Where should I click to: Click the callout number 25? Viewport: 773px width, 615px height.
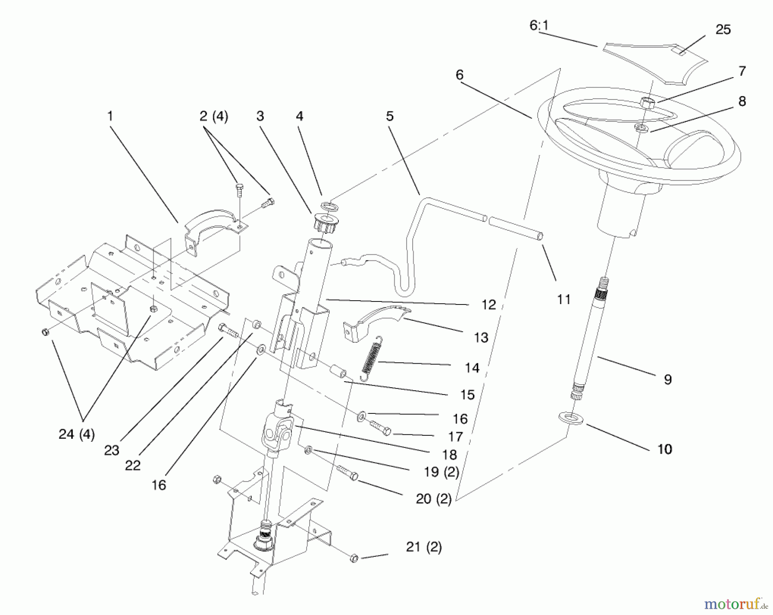point(723,30)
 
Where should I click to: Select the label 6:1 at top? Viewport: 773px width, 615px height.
point(539,26)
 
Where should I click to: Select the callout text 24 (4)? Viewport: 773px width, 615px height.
point(76,434)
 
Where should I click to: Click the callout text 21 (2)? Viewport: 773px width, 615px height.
point(423,547)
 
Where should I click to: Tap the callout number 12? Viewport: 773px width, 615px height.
point(488,305)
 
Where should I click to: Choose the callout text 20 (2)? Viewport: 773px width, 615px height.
point(433,499)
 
